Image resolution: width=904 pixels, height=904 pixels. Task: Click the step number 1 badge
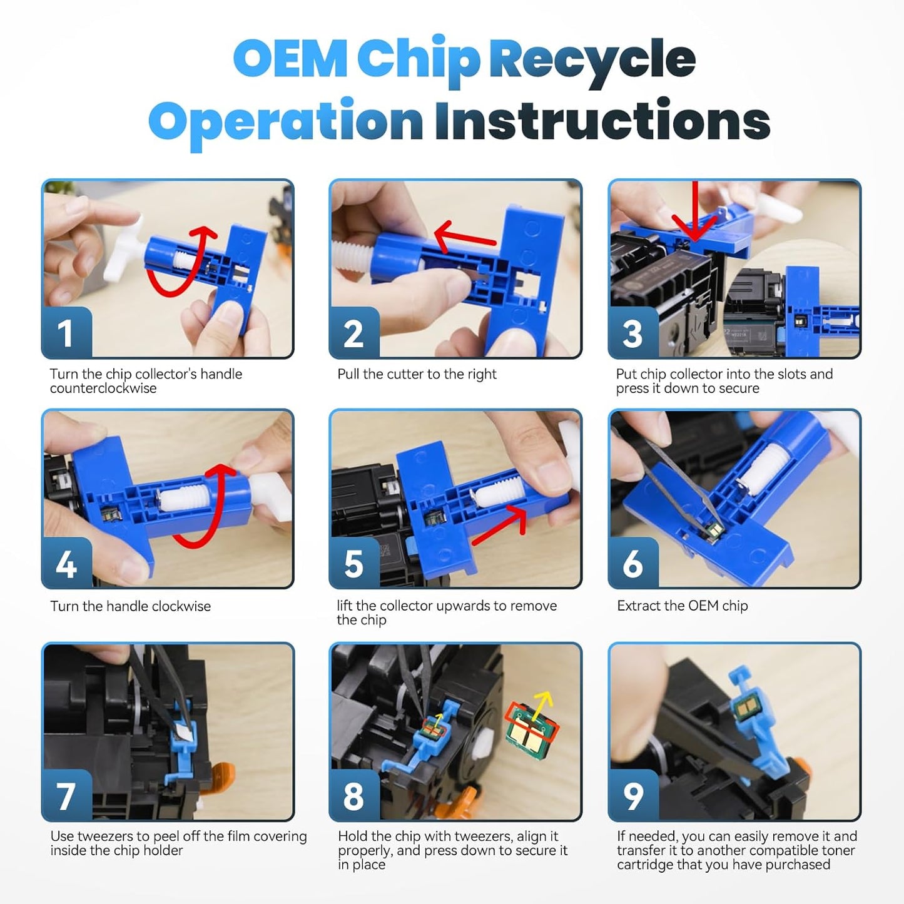[66, 333]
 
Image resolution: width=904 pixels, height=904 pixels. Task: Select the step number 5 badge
[354, 563]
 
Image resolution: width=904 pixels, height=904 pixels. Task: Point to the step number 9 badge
[633, 795]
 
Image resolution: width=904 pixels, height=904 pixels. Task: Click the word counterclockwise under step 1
[103, 389]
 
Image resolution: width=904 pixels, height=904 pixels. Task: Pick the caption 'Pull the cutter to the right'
[417, 374]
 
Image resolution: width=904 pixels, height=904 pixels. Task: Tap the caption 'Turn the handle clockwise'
[130, 606]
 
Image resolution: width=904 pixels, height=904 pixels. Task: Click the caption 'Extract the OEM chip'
[682, 605]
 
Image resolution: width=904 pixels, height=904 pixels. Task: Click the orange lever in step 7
[221, 774]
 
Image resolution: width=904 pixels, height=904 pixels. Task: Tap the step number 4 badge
[66, 563]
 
